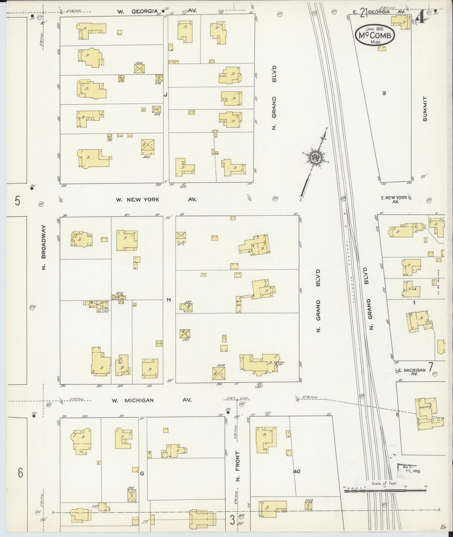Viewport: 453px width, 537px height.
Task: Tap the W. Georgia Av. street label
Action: tap(156, 11)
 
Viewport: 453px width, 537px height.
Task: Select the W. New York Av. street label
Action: tap(156, 200)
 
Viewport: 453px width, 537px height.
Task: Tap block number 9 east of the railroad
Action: tap(384, 93)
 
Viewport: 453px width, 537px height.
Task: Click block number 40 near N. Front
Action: tap(297, 471)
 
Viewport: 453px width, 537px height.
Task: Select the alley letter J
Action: tap(166, 95)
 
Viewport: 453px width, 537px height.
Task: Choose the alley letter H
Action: tap(169, 300)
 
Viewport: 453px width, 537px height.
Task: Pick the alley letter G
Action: tap(142, 474)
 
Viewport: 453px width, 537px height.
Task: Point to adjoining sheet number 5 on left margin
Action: tap(17, 201)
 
